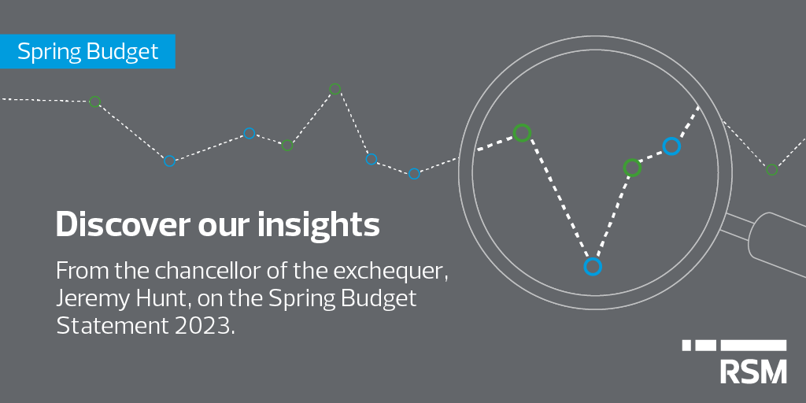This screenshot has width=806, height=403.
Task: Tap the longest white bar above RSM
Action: (753, 345)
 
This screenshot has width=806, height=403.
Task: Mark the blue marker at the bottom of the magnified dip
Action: (593, 267)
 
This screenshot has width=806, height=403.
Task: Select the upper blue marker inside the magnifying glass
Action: (671, 146)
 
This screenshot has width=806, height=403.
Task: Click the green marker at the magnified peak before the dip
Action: (522, 132)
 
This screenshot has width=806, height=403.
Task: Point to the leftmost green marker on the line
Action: (95, 102)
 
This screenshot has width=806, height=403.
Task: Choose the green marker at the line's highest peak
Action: (335, 89)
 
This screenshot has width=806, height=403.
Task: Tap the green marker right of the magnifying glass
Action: (771, 169)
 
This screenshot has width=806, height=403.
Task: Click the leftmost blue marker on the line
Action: (168, 161)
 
